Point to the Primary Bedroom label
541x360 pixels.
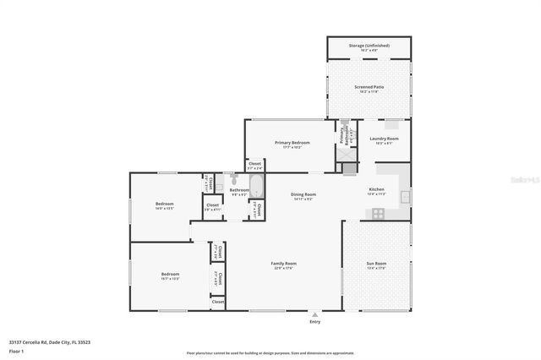click(289, 143)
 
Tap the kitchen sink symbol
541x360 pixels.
click(405, 197)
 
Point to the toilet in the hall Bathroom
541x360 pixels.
click(233, 179)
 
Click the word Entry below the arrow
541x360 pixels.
click(315, 321)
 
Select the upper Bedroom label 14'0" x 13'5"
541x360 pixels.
click(164, 205)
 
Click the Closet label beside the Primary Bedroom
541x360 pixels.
click(254, 163)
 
